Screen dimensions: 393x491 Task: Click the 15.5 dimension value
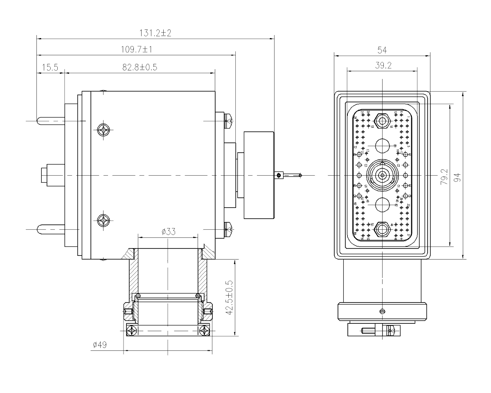pos(51,67)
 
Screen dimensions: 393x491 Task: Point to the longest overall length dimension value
pos(155,33)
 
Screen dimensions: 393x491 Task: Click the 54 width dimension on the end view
pos(382,50)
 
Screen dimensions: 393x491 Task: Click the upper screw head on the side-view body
pos(102,130)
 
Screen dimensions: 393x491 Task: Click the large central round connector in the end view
pos(382,175)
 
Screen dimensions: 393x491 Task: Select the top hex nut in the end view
pos(382,121)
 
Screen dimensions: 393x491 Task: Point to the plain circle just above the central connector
pos(382,146)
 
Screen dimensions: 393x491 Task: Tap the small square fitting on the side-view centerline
pos(279,176)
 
